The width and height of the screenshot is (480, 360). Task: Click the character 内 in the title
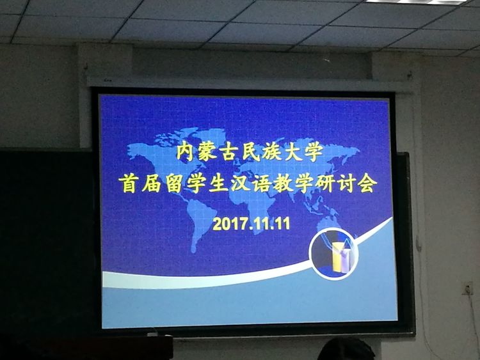pos(186,153)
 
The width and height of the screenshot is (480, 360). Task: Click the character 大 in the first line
pos(293,153)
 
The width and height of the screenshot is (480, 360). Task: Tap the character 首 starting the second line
pos(129,184)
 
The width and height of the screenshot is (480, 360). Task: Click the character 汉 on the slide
pos(241,184)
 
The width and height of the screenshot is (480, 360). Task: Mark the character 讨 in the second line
pos(345,184)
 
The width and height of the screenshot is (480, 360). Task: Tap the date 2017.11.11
pos(251,224)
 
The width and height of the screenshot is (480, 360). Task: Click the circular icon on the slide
pos(333,254)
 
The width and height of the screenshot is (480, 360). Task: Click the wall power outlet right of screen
pos(468,288)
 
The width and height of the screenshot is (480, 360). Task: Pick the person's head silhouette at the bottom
pos(346,350)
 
